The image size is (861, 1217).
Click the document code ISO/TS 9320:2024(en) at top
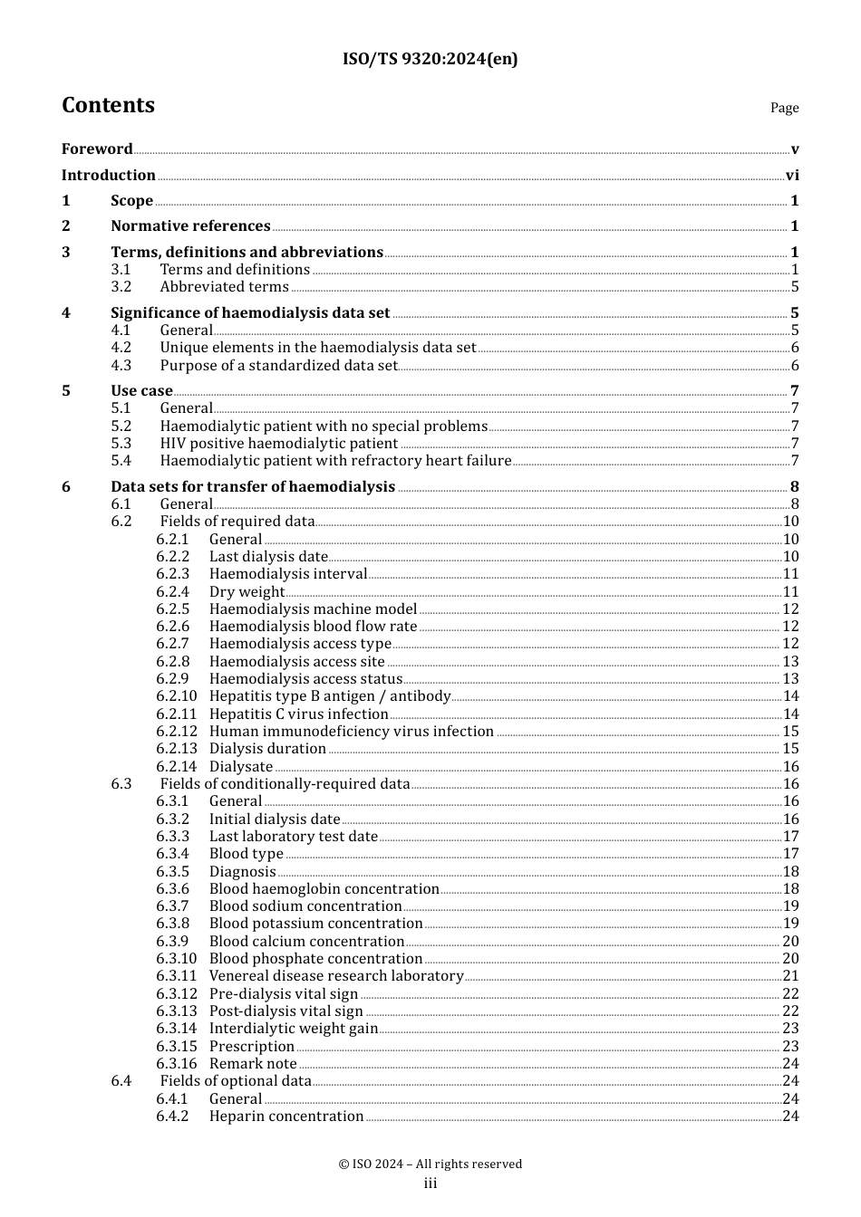click(430, 60)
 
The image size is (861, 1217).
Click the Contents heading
click(108, 106)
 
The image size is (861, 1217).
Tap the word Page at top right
click(784, 108)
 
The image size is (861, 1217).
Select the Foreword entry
click(97, 149)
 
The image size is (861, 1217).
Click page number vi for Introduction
click(792, 176)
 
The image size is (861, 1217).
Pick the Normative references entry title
click(190, 226)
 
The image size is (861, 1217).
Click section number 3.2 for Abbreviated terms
click(121, 287)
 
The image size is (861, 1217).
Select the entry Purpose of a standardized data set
click(278, 366)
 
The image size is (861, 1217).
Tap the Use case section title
click(141, 391)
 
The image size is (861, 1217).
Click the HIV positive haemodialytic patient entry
click(278, 444)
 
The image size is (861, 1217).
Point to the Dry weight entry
click(247, 592)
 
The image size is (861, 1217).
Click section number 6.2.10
click(176, 696)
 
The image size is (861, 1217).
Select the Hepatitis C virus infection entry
click(298, 714)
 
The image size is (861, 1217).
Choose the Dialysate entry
click(240, 767)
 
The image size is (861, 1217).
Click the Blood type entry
click(246, 854)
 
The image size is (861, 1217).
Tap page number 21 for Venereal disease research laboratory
click(790, 976)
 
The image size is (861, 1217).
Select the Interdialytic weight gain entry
click(293, 1029)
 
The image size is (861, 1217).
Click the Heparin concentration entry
click(285, 1116)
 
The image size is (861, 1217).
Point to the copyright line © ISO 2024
click(430, 1164)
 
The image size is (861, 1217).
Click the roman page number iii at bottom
click(430, 1183)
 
